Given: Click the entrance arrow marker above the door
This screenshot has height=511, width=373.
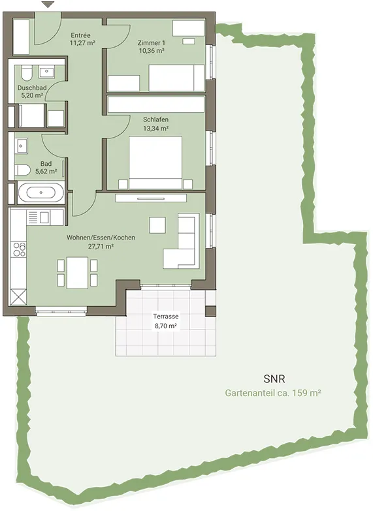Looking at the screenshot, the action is click(x=48, y=5).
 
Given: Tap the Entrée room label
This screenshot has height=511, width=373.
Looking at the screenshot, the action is click(x=80, y=35).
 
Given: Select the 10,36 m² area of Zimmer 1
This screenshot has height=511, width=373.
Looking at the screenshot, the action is click(x=152, y=51).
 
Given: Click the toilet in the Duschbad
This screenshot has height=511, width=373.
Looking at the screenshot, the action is click(x=26, y=73).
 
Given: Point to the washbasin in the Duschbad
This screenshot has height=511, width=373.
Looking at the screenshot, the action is click(x=47, y=72).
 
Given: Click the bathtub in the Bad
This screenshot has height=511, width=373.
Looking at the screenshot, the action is click(x=41, y=193).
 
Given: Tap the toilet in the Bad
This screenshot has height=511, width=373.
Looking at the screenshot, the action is click(x=22, y=170).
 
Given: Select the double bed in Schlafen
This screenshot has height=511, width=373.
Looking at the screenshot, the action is click(x=155, y=163).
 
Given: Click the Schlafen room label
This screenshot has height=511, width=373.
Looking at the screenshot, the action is click(x=155, y=119).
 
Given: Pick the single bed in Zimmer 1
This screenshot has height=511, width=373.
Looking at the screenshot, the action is click(x=176, y=78).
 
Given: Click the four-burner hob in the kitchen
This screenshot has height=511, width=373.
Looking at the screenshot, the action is click(x=19, y=249).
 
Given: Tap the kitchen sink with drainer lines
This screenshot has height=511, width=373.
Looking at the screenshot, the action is click(x=39, y=217).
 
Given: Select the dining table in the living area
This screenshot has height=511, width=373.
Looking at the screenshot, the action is click(x=77, y=272).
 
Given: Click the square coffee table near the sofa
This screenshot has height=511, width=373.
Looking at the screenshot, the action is click(x=157, y=225).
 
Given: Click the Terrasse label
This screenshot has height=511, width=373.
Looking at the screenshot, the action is click(x=166, y=317).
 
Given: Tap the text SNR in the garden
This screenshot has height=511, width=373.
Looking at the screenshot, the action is click(x=274, y=379).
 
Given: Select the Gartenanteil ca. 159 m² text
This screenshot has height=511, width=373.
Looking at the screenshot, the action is click(x=273, y=393).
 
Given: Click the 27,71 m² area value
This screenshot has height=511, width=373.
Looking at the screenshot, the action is click(x=101, y=247).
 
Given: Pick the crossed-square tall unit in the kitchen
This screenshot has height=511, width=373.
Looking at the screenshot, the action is click(x=18, y=297).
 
